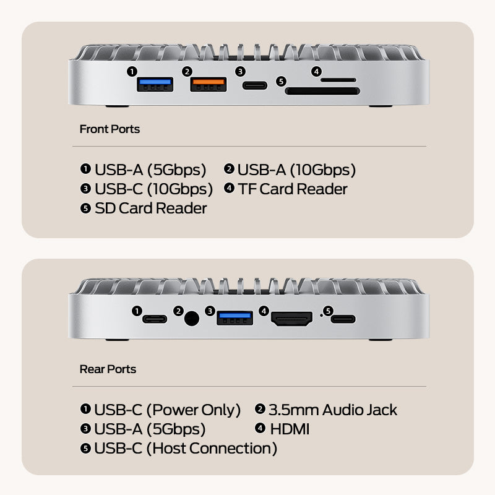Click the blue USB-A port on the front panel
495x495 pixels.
coord(154,85)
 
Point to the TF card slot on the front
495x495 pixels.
coord(338,80)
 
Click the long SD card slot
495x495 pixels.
coord(322,92)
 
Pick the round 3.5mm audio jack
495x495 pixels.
coord(192,319)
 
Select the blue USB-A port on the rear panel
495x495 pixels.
coord(235,318)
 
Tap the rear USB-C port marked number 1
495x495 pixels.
coord(155,319)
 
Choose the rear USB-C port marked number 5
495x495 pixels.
coord(343,319)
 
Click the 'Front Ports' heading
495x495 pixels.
coord(110,129)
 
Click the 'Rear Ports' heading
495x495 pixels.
coord(108,369)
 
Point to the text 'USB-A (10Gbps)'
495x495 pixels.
coord(296,170)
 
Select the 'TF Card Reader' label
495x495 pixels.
coord(293,189)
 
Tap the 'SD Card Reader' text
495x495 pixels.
coord(151,208)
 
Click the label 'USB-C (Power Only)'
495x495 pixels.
coord(167,410)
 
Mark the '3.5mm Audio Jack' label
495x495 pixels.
coord(333,410)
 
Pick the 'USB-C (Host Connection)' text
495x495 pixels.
coord(186,448)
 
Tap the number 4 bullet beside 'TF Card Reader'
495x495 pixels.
coord(229,188)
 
